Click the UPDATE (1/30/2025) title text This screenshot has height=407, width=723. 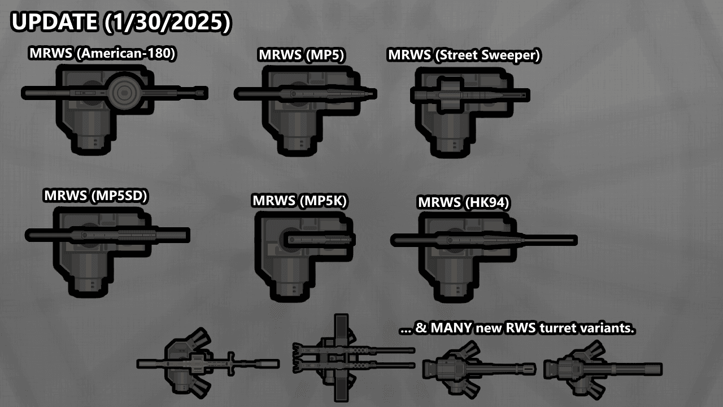pyautogui.click(x=121, y=22)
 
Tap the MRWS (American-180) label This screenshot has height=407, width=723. pyautogui.click(x=102, y=53)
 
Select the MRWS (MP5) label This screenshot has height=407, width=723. pyautogui.click(x=302, y=55)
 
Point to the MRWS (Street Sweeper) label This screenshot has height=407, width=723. pyautogui.click(x=464, y=55)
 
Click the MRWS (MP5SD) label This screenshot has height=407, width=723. pyautogui.click(x=95, y=196)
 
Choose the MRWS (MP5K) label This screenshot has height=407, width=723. pyautogui.click(x=299, y=201)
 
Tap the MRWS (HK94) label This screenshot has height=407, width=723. pyautogui.click(x=464, y=202)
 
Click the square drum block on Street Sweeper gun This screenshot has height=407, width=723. pyautogui.click(x=450, y=96)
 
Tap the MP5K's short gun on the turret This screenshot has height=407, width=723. pyautogui.click(x=319, y=240)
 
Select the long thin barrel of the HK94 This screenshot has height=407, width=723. pyautogui.click(x=548, y=240)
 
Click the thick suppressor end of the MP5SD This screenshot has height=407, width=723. pyautogui.click(x=173, y=235)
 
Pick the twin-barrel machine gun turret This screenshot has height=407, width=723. pyautogui.click(x=353, y=358)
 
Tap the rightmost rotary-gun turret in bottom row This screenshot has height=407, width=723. pyautogui.click(x=603, y=369)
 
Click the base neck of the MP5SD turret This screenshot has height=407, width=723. pyautogui.click(x=87, y=286)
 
